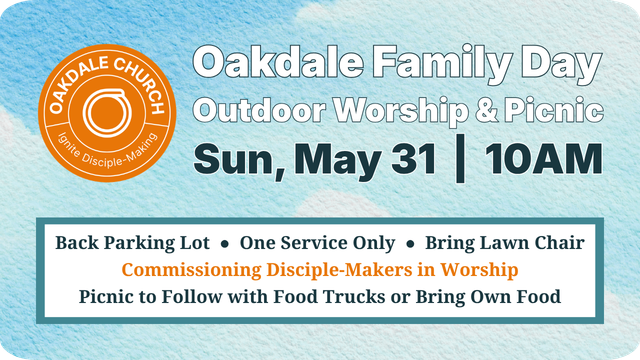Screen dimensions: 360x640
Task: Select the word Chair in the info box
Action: point(559,243)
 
